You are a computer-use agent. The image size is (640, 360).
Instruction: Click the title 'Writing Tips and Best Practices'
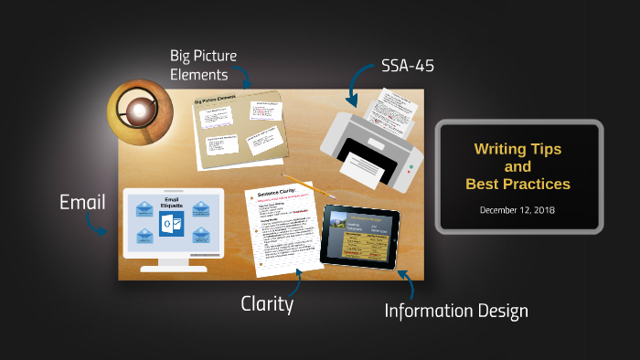point(517,165)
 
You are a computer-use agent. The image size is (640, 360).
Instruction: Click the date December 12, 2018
point(517,209)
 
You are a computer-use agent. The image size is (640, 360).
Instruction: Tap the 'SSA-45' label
point(408,68)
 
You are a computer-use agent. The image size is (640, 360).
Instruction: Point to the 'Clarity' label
point(267,304)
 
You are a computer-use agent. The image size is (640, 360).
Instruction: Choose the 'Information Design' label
point(456,311)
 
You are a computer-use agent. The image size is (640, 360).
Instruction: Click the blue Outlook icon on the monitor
point(172,223)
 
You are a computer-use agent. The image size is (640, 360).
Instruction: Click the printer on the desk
point(370,146)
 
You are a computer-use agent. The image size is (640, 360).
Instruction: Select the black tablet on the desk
point(361,235)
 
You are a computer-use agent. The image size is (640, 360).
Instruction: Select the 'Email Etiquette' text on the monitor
point(172,203)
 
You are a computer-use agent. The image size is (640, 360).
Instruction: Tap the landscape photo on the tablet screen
point(337,221)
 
